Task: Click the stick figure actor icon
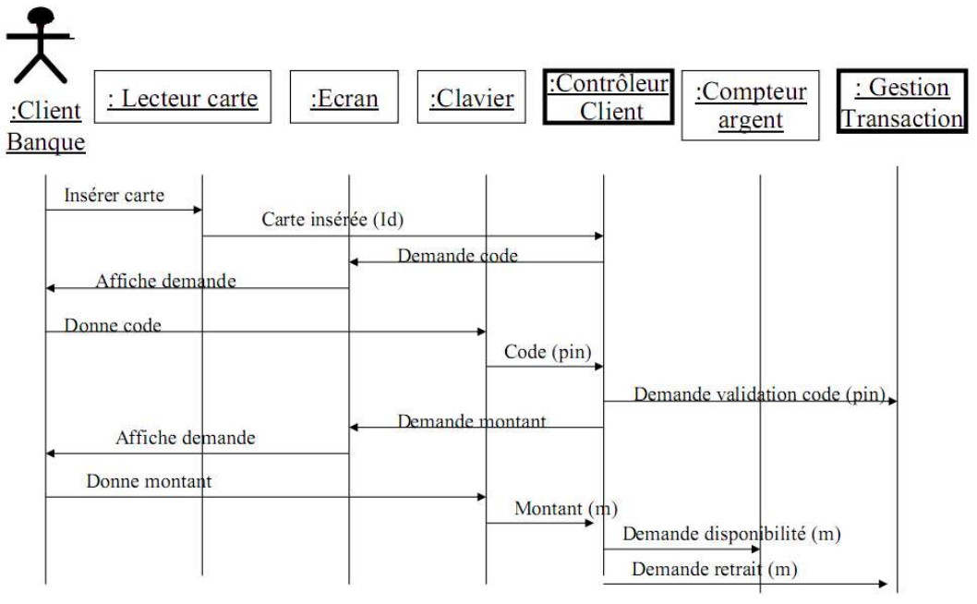pos(39,43)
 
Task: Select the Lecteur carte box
pos(182,98)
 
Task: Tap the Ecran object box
pos(344,98)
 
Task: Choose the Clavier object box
pos(471,98)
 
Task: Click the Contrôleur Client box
pos(608,97)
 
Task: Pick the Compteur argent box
pos(750,106)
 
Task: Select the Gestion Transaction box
pos(900,103)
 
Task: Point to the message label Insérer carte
pos(115,196)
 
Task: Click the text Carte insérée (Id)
pos(332,220)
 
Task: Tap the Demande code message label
pos(457,256)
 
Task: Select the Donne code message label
pos(113,326)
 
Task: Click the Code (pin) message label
pos(548,352)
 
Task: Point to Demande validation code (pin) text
pos(759,395)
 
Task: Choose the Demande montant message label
pos(472,422)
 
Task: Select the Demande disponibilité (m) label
pos(731,534)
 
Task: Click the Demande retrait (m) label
pos(714,570)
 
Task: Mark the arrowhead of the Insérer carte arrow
pos(198,211)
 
